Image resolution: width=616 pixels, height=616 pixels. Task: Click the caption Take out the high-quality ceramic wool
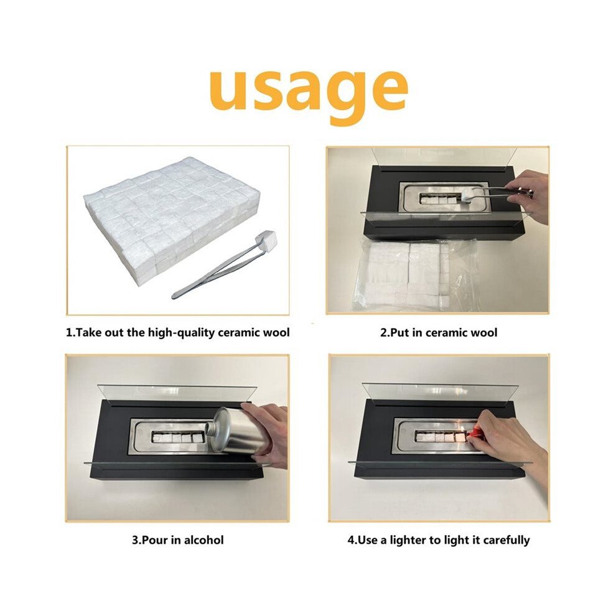pos(177,333)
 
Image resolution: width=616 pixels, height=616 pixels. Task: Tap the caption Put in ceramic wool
pos(439,333)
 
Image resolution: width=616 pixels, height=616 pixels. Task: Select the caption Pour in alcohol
pos(177,540)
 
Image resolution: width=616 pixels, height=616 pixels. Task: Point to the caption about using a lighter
pos(439,540)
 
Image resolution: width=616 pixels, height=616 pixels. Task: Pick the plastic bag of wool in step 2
pos(416,275)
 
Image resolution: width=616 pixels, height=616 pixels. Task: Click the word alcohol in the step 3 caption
pos(204,540)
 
